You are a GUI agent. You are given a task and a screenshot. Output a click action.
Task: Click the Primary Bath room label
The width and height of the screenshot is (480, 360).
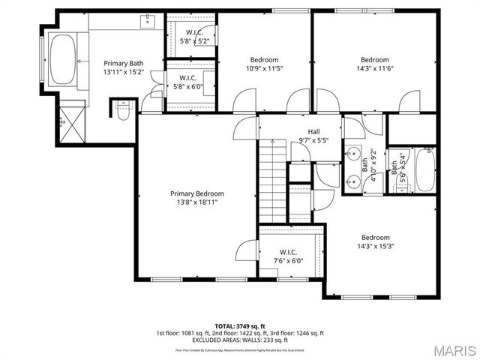tap(123, 67)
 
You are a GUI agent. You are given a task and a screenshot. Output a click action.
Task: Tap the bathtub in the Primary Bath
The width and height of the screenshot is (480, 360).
tap(63, 59)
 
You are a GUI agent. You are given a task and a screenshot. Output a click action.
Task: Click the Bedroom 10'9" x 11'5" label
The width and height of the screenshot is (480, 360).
tap(264, 64)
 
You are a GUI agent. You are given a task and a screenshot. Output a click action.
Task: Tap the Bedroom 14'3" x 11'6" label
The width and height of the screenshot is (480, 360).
tap(374, 64)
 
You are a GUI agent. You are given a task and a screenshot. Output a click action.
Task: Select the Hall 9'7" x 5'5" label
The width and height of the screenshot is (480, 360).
tap(313, 135)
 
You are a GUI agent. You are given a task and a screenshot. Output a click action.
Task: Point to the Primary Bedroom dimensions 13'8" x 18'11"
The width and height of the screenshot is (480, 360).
tap(197, 202)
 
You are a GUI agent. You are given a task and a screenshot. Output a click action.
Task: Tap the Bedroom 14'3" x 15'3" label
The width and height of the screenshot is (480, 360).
tap(374, 241)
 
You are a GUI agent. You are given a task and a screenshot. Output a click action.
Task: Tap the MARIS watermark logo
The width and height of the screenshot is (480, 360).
tap(448, 350)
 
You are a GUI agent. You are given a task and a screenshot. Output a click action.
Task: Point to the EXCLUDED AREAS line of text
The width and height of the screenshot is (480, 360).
tap(239, 340)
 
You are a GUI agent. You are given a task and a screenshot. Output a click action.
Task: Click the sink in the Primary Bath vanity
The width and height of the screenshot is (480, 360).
tap(147, 22)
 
